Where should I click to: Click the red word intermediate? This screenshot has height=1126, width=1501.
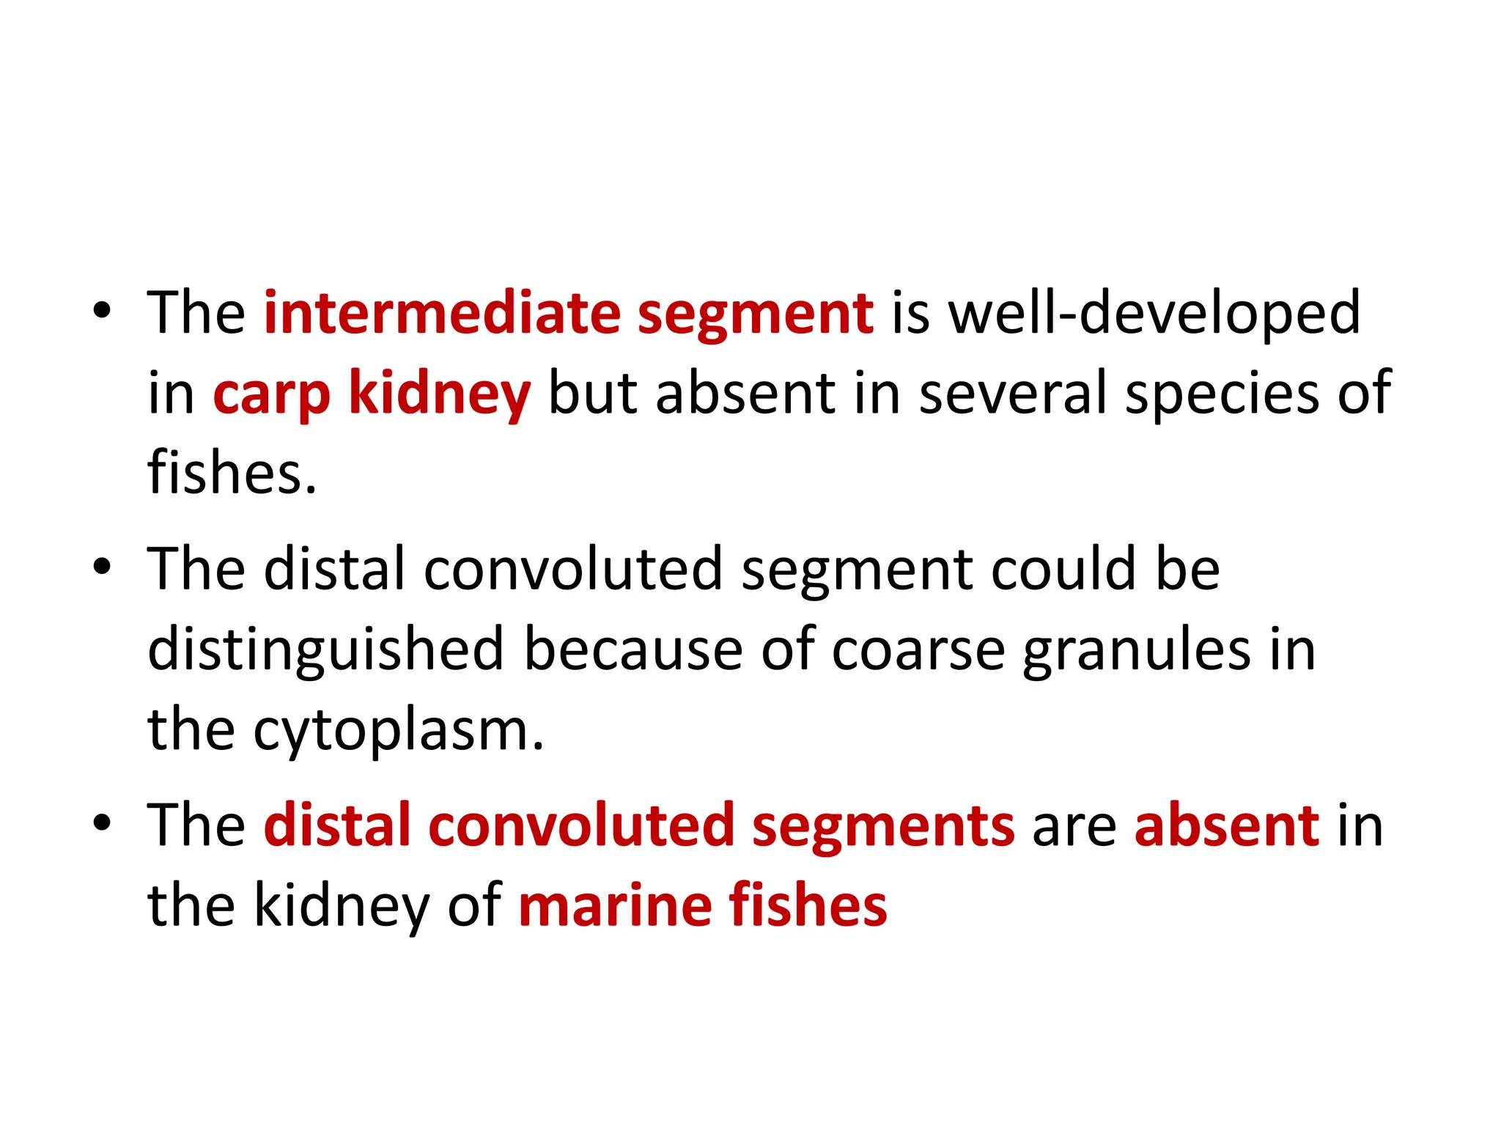(442, 313)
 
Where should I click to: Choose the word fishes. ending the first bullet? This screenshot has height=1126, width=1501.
(232, 473)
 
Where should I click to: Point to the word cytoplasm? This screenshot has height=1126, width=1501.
(399, 732)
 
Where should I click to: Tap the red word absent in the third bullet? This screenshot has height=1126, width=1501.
(1226, 825)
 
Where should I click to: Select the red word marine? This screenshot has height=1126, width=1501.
(614, 906)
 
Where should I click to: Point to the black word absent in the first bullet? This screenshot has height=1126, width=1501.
(745, 393)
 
